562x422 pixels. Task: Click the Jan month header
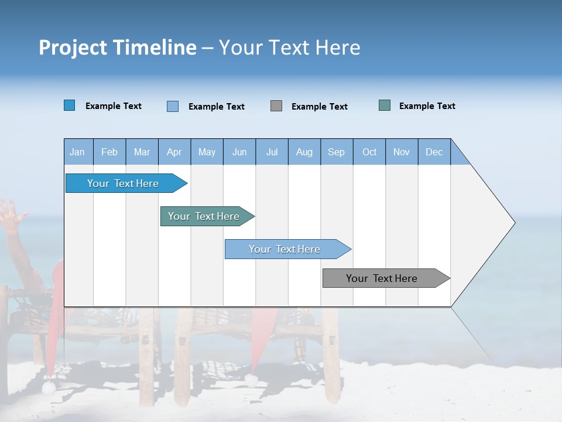point(78,152)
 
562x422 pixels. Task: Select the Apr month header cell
point(174,152)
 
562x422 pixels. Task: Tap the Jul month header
point(272,152)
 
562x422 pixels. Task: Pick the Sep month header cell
point(337,152)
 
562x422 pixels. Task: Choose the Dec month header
point(434,152)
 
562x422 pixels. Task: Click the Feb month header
point(109,152)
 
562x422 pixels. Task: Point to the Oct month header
point(369,152)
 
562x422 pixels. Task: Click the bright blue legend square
point(70,105)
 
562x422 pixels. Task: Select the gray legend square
point(276,105)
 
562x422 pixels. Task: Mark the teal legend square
point(385,105)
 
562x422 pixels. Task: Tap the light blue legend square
point(173,106)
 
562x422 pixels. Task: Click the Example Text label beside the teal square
point(427,106)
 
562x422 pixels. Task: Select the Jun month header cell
point(239,152)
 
